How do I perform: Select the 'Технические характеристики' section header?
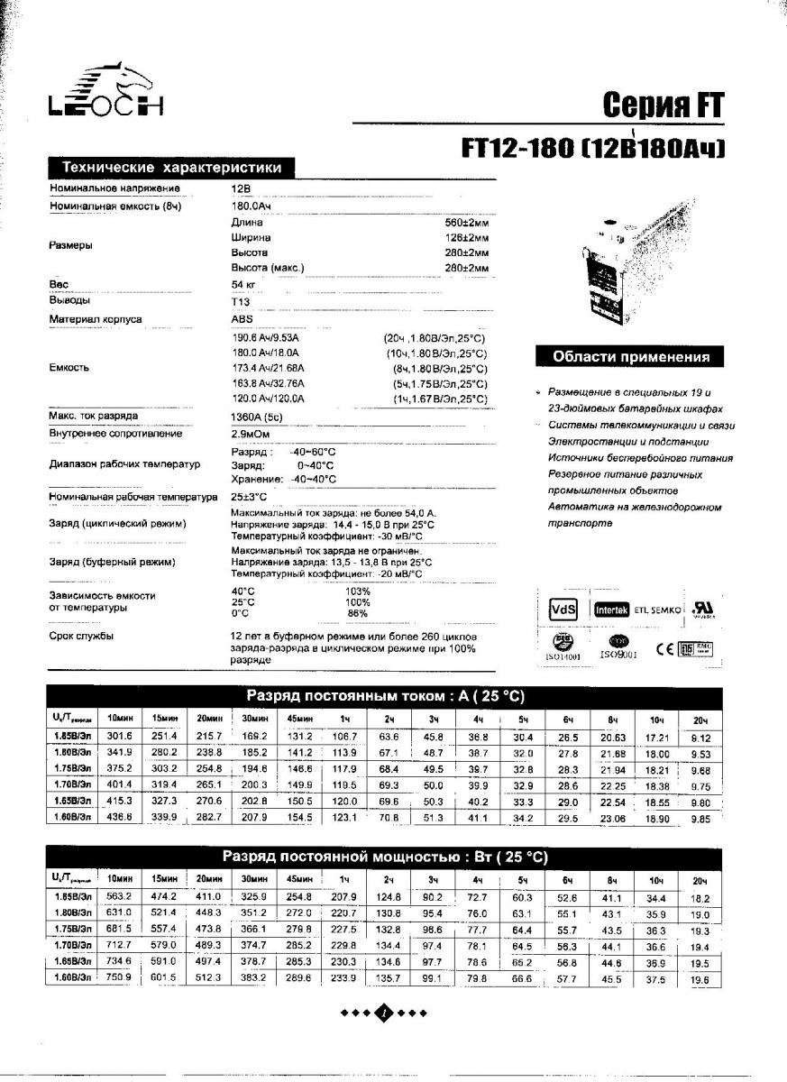click(171, 168)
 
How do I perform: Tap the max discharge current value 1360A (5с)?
click(256, 417)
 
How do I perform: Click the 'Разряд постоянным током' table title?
click(386, 697)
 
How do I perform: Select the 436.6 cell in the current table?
click(119, 817)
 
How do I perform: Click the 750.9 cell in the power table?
click(119, 977)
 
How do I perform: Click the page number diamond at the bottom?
click(384, 1013)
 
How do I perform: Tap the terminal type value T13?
click(241, 301)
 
